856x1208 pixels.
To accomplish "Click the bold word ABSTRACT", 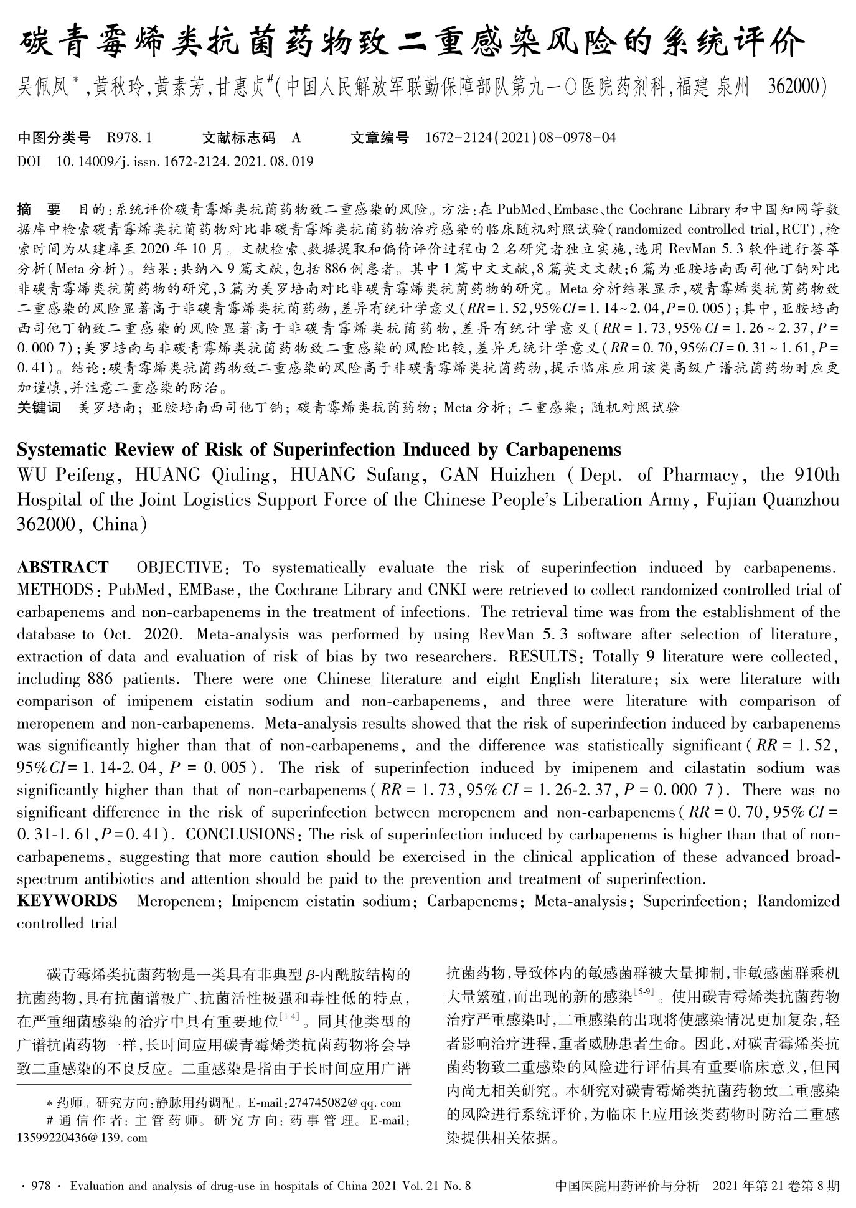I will click(62, 567).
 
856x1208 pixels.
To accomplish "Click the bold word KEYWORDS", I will click(67, 901).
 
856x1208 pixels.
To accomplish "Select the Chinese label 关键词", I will click(39, 408).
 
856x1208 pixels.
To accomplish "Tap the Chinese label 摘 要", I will click(39, 209).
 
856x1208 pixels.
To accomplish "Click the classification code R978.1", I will click(129, 138).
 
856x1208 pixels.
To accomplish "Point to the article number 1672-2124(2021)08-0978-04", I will click(520, 138).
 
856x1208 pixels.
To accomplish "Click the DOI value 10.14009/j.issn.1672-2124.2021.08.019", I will click(185, 161).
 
